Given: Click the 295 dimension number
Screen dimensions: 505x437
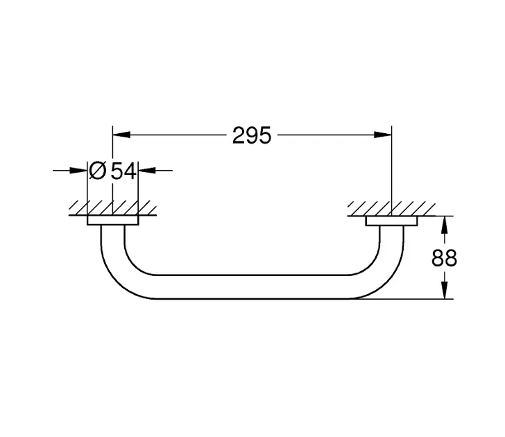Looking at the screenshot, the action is (x=252, y=135).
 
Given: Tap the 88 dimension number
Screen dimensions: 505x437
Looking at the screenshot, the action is (x=444, y=257).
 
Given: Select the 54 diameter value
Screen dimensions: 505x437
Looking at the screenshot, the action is (x=123, y=171).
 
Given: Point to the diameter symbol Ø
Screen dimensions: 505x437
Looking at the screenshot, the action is (x=98, y=171).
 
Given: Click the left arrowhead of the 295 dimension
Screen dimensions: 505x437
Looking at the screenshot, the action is (x=121, y=135).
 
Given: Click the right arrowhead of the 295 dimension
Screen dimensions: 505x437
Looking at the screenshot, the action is (x=383, y=135).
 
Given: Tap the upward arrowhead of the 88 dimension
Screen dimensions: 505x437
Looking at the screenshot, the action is (x=445, y=225).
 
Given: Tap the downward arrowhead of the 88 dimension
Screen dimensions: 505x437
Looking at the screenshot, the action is (x=445, y=290).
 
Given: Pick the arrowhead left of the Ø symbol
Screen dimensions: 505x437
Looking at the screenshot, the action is (x=78, y=171).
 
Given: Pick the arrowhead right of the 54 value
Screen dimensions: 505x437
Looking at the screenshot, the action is (x=147, y=171).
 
